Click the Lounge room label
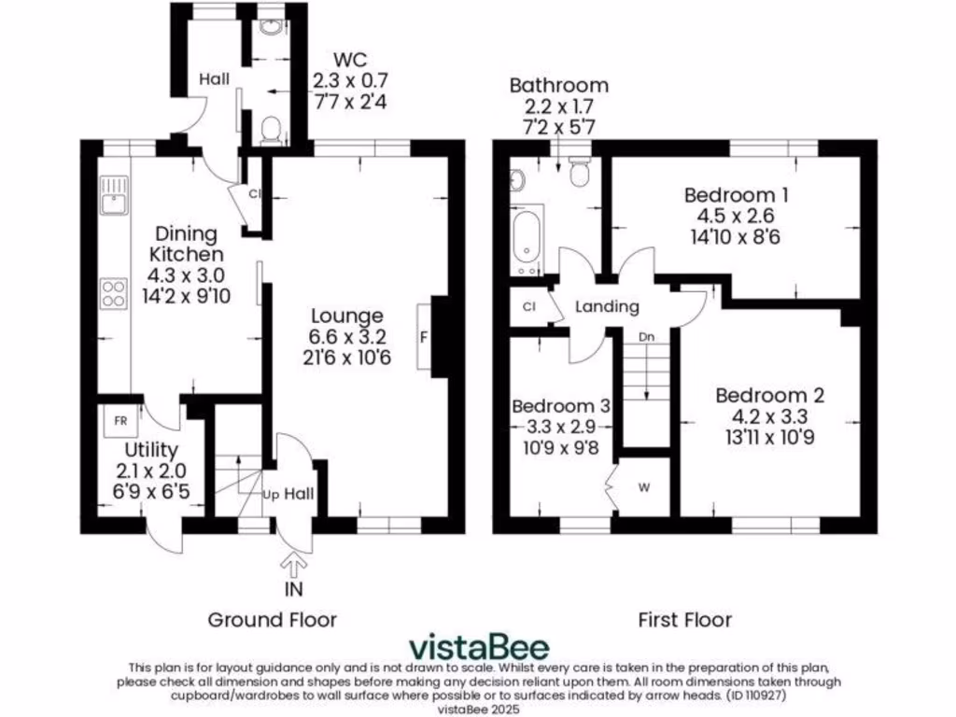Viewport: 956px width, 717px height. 346,316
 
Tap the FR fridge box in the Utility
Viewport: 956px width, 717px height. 120,420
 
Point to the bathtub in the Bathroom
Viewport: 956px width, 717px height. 526,242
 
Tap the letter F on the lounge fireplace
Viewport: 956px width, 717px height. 425,338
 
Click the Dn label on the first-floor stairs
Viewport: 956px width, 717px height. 646,336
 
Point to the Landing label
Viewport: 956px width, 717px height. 607,306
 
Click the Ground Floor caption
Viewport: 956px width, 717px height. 272,619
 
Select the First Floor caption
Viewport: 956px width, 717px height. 684,619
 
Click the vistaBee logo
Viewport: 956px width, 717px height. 480,646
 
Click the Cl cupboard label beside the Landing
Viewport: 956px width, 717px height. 528,306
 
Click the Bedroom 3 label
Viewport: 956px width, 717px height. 561,406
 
